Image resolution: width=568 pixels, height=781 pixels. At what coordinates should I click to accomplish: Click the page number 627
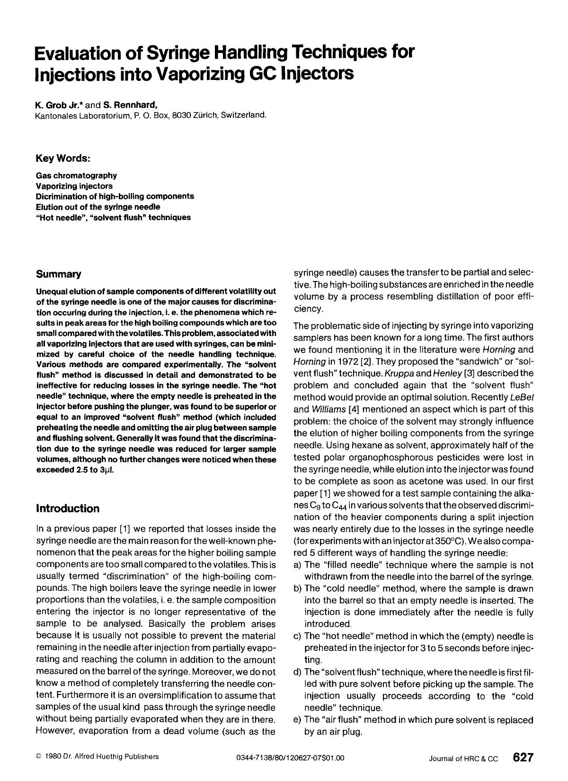click(523, 757)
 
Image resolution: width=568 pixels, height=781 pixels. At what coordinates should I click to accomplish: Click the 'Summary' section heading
click(58, 274)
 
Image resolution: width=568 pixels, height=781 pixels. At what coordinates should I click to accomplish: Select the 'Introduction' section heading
click(67, 509)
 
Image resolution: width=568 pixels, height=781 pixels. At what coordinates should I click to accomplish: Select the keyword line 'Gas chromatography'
click(76, 176)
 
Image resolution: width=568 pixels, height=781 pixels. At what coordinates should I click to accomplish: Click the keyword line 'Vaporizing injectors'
click(74, 186)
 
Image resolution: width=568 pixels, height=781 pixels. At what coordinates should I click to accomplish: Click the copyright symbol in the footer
click(38, 756)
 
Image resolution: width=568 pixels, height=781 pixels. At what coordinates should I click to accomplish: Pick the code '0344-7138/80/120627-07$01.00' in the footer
click(290, 758)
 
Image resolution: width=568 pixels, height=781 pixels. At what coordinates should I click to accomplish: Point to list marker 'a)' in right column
click(298, 565)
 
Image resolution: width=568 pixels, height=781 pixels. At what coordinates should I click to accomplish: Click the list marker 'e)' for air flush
click(298, 720)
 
